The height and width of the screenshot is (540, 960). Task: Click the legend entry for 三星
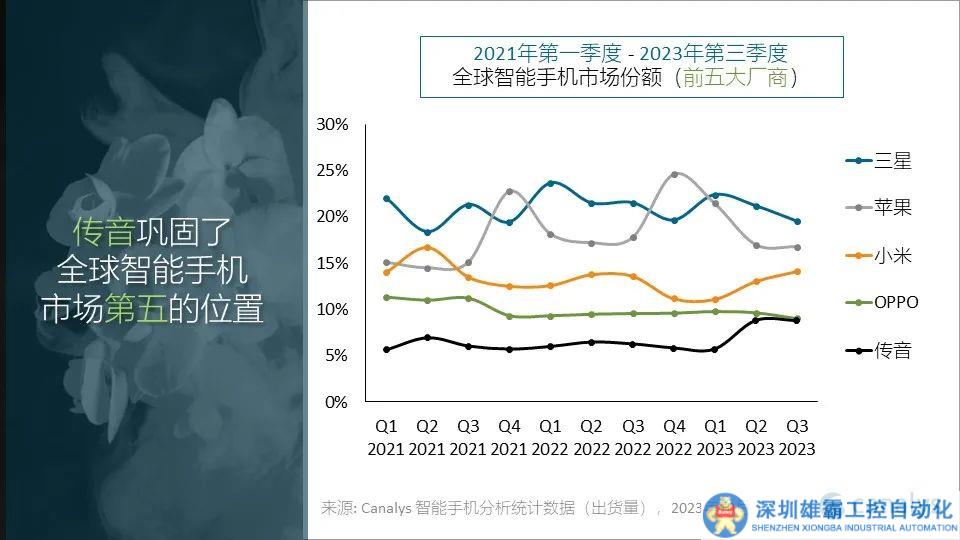[880, 161]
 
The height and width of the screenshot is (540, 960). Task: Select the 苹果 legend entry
[880, 208]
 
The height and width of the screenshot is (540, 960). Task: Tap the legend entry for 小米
[880, 256]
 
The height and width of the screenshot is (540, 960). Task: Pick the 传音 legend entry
[880, 350]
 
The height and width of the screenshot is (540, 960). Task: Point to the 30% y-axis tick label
[332, 125]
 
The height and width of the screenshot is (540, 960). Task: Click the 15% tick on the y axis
[332, 264]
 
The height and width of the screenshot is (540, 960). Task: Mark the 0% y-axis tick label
[336, 402]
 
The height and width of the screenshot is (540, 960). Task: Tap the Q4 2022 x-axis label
[674, 438]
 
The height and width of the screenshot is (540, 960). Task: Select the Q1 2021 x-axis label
[386, 438]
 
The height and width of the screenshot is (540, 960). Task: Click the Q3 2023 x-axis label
[797, 438]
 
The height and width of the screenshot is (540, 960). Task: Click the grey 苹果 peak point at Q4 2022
[674, 174]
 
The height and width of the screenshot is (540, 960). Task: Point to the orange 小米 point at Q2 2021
[427, 247]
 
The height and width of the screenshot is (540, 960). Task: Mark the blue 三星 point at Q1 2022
[550, 183]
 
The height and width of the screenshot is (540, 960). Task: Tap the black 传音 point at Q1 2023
[714, 350]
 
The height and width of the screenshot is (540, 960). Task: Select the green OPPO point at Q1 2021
[386, 297]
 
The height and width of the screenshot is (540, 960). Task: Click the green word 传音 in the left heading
[103, 232]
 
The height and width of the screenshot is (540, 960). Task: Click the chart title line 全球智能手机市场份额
[560, 77]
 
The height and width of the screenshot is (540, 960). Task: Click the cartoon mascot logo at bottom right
[728, 515]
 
